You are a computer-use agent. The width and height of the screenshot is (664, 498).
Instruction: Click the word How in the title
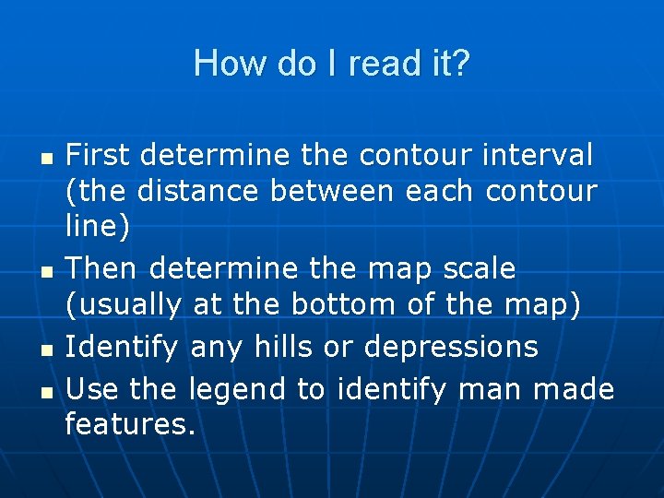[219, 65]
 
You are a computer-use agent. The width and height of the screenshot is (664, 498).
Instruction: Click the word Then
[102, 268]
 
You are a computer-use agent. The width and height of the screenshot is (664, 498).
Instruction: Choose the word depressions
[452, 348]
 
